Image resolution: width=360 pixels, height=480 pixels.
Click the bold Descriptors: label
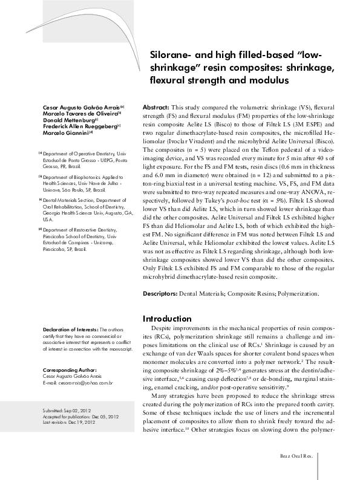pyautogui.click(x=160, y=293)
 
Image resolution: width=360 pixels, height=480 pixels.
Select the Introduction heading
pyautogui.click(x=166, y=319)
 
